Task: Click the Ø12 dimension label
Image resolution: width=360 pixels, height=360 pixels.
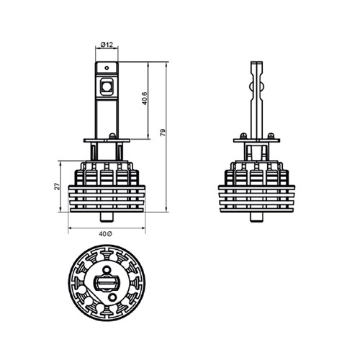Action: click(107, 45)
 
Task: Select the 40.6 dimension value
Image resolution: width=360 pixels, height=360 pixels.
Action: click(145, 98)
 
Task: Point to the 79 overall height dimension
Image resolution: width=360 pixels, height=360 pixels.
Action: click(163, 132)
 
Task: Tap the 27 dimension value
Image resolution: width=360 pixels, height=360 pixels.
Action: click(57, 186)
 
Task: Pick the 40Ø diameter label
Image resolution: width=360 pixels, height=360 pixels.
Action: click(105, 234)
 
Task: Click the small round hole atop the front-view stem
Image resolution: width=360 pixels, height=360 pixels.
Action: click(107, 68)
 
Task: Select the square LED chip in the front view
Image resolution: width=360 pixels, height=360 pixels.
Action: click(106, 86)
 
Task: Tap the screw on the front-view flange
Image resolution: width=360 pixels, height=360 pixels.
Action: click(112, 136)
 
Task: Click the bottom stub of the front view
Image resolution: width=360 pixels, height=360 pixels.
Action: click(107, 217)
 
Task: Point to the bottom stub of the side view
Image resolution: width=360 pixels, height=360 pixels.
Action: click(257, 217)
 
